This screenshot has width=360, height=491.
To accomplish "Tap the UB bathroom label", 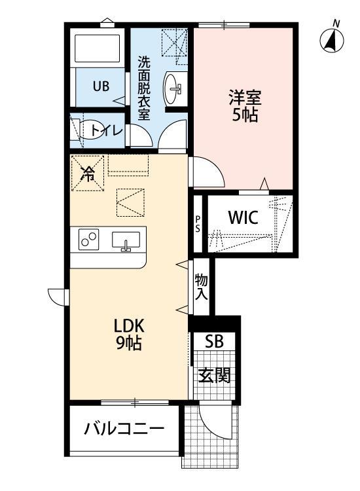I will [x=99, y=85].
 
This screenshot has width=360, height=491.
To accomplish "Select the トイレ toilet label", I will [x=107, y=130].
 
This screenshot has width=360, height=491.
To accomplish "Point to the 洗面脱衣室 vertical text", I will [x=143, y=88].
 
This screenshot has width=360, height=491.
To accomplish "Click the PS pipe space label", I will [x=197, y=224].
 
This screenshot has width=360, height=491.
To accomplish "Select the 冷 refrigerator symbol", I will [x=87, y=173].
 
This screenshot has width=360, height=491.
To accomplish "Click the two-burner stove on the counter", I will [x=89, y=240].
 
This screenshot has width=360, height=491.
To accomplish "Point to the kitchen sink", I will [x=126, y=241].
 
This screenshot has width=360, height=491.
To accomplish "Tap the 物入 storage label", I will [x=201, y=287].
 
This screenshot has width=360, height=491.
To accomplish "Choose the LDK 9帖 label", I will [x=130, y=335].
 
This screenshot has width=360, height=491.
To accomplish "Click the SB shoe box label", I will [x=213, y=342].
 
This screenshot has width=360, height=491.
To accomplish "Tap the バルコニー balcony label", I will [x=123, y=429].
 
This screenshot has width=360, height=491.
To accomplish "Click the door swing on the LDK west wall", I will [x=58, y=296].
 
